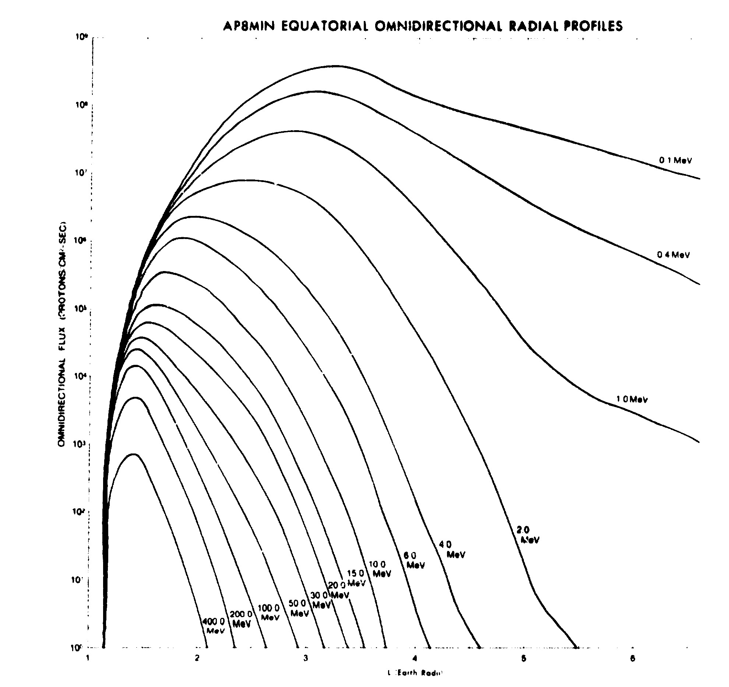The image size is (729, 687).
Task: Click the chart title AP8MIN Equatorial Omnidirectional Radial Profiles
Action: coord(423,26)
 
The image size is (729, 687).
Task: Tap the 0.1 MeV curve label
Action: coord(675,161)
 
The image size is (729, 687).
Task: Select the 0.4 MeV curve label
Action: coord(673,255)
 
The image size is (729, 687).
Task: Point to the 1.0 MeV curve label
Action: coord(632,399)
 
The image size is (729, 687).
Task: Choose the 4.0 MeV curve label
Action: coord(451,549)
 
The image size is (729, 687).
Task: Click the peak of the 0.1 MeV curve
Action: coord(337,66)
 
